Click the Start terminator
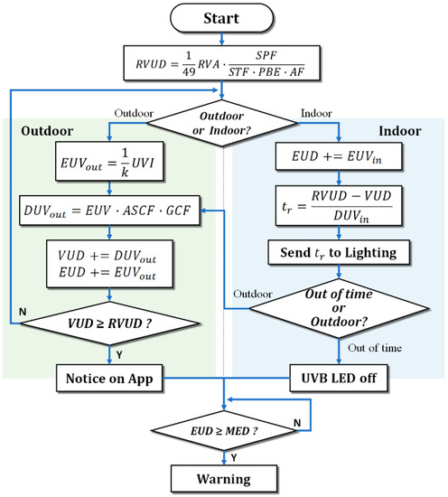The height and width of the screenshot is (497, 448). [x=222, y=19]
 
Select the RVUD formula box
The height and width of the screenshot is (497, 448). [x=222, y=63]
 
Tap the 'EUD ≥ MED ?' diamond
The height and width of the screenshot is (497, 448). [x=223, y=428]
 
